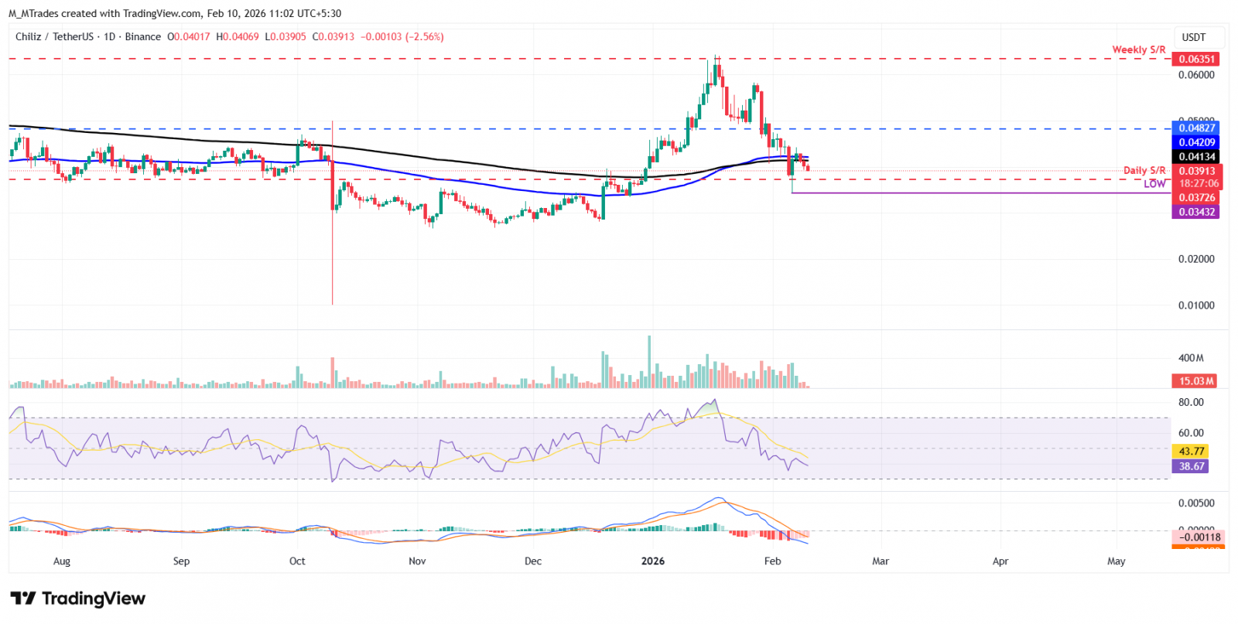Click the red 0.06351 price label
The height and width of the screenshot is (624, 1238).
(1196, 59)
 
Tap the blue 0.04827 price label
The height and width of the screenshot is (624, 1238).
(1196, 128)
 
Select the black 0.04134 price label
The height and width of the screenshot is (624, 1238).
(1196, 157)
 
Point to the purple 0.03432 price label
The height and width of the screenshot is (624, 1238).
(1196, 212)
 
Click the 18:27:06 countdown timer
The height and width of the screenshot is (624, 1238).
(1199, 184)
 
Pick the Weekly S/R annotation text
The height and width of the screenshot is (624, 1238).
(1138, 49)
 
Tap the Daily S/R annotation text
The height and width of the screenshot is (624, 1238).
(1144, 170)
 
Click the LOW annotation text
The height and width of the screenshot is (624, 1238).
(1154, 184)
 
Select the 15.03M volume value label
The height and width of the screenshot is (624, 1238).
(1196, 381)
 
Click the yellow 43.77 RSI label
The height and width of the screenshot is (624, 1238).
(1192, 452)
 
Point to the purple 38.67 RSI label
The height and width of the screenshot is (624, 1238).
(1192, 466)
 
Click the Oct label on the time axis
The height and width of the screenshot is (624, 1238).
(297, 561)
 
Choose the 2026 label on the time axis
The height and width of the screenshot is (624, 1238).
(653, 561)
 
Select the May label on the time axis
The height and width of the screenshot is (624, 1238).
(1116, 561)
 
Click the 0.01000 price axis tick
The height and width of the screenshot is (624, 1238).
(1196, 305)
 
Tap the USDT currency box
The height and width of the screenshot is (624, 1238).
(1194, 37)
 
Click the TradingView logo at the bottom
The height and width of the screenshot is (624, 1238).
(77, 598)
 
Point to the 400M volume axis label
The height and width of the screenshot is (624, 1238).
(1191, 358)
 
